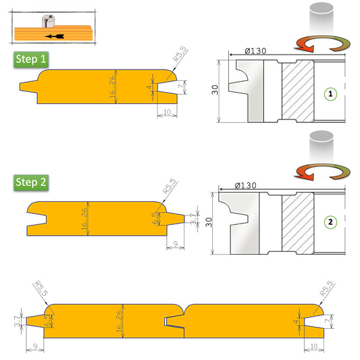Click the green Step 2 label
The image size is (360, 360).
32,182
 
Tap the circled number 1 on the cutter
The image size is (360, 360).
330,95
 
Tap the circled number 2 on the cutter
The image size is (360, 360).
330,222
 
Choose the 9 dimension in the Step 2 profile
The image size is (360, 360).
175,245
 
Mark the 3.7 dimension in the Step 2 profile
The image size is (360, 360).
194,219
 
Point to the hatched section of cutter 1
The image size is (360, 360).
297,91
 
